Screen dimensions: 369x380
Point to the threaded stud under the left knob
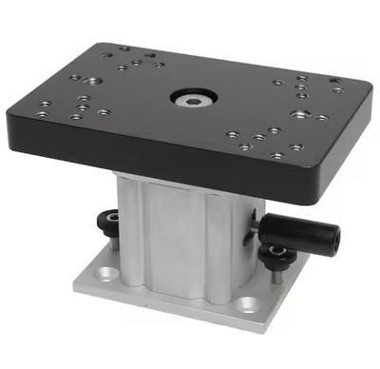pos(114,243)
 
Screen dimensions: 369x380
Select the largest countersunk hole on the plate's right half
pos(301,114)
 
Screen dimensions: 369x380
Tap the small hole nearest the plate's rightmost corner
pos(337,90)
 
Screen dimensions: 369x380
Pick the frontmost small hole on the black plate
pos(276,156)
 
